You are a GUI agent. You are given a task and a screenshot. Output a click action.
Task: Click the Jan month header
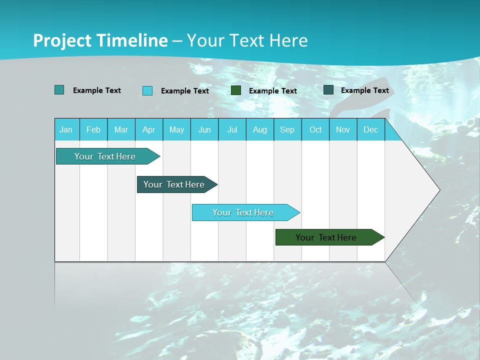click(66, 129)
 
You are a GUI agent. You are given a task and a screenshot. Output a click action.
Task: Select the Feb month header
click(93, 129)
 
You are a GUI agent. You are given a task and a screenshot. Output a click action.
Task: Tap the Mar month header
click(121, 129)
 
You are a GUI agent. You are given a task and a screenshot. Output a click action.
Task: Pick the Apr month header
click(148, 129)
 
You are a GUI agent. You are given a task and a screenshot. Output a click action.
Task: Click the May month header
click(176, 129)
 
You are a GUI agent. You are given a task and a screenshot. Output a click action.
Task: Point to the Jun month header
click(204, 129)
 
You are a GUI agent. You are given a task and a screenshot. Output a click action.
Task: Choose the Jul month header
click(232, 129)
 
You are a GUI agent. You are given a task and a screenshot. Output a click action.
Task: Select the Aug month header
click(259, 129)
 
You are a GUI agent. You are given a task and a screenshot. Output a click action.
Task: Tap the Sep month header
click(287, 129)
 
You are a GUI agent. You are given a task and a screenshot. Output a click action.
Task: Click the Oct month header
click(315, 129)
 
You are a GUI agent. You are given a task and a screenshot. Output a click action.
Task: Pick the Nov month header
click(343, 129)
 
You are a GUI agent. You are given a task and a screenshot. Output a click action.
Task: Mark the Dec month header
click(370, 129)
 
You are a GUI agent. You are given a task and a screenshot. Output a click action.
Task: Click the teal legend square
click(59, 90)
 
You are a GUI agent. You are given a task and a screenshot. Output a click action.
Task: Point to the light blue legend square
click(147, 90)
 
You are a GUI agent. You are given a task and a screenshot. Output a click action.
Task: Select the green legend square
click(236, 90)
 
